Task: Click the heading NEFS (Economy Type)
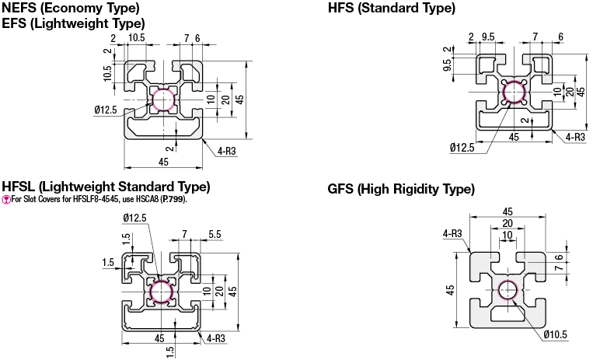click(71, 9)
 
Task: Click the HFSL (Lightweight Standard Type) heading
click(106, 187)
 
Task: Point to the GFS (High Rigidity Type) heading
click(401, 189)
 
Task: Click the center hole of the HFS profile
click(514, 93)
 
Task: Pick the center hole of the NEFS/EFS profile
click(164, 100)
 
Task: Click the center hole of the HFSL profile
click(161, 293)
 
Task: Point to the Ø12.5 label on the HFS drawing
click(461, 148)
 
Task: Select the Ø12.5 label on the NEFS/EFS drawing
click(106, 110)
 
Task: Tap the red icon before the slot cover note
click(6, 199)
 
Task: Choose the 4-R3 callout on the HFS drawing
click(574, 137)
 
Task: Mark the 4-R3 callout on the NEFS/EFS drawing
click(227, 150)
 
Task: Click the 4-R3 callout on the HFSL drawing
click(217, 337)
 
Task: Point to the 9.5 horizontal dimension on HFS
click(488, 36)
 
